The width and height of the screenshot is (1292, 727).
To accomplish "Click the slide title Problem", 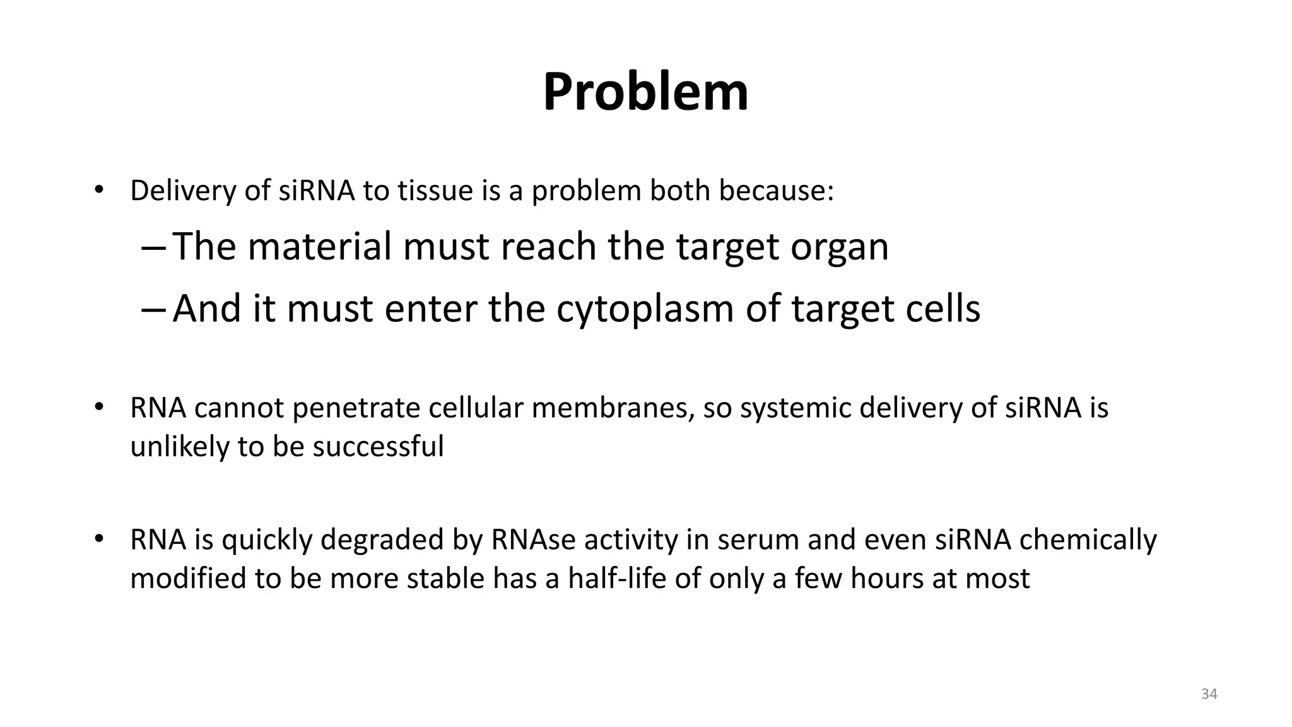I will click(645, 92).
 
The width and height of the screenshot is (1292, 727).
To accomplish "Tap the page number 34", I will click(1209, 694).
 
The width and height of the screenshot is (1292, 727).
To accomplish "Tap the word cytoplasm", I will click(645, 309).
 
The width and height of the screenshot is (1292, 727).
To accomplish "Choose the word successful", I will click(378, 447).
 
